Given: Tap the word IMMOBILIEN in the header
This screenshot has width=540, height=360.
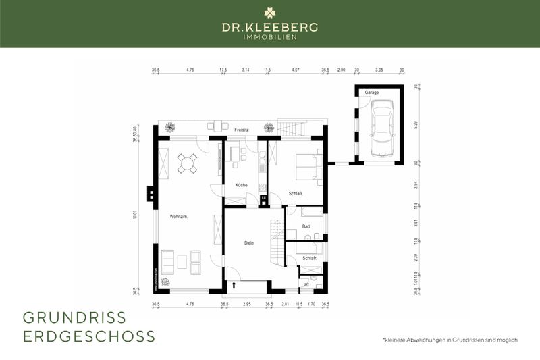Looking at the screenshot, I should click(x=270, y=36).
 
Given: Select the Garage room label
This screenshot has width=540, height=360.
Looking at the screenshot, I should click(x=371, y=92).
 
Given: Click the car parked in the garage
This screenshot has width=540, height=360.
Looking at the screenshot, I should click(x=381, y=128).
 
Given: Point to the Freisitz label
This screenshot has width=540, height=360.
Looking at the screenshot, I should click(x=242, y=129).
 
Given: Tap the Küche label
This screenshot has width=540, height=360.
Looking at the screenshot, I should click(x=241, y=185).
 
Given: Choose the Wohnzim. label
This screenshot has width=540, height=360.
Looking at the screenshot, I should click(x=179, y=217).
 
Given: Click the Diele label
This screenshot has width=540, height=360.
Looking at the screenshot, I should click(x=248, y=242).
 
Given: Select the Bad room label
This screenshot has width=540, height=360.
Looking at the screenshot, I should click(x=306, y=227).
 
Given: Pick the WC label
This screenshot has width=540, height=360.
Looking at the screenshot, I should click(x=306, y=284).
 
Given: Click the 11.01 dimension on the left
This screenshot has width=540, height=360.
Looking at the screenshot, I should click(x=136, y=215).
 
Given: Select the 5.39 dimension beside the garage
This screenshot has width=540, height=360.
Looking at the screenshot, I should click(x=416, y=124).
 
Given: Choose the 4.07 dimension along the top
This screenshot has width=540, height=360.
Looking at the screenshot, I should click(x=296, y=70).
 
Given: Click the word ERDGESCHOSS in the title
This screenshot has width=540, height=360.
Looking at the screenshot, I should click(x=89, y=336).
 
